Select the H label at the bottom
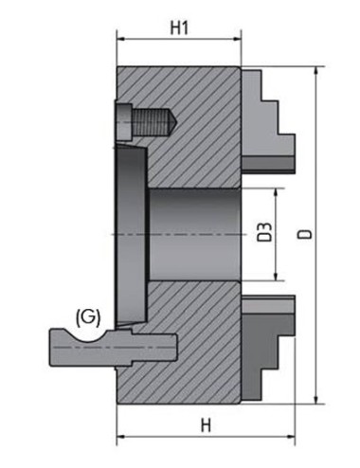click(x=206, y=425)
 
